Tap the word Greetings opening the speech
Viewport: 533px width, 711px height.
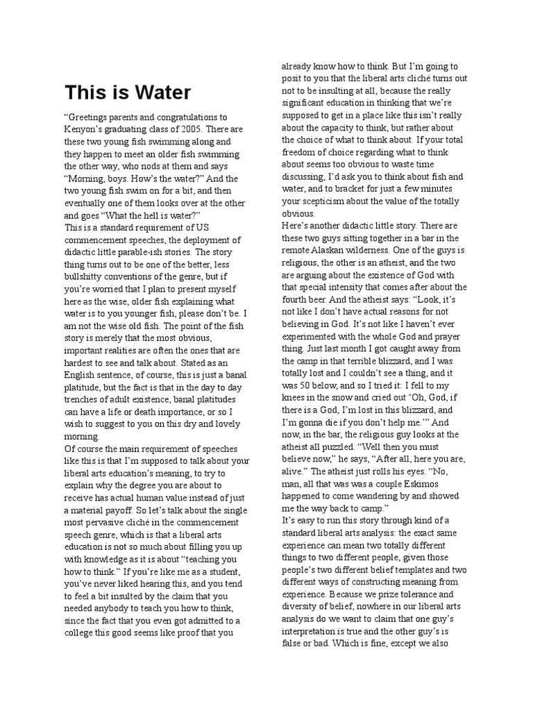(x=89, y=117)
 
